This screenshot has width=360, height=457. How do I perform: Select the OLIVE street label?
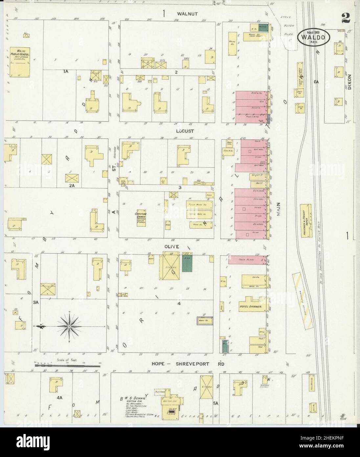pos(172,246)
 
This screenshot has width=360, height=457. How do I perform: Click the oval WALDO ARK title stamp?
pos(313,37)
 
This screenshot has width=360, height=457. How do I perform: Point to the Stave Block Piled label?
pos(288,25)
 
